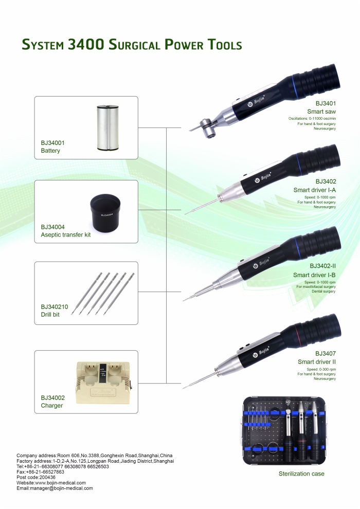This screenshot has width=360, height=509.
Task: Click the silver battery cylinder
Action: (x=107, y=128)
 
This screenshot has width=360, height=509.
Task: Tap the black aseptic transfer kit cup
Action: (x=105, y=212)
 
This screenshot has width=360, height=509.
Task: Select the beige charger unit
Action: (x=103, y=383)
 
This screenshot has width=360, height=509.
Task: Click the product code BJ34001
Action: (x=52, y=143)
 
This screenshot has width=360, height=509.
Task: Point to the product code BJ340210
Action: (x=55, y=307)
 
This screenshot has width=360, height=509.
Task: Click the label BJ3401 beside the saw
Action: (x=326, y=103)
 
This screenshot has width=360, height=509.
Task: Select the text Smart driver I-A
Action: (x=315, y=190)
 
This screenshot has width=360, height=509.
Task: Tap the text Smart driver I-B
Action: (x=314, y=275)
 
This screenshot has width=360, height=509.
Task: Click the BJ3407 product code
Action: (x=326, y=354)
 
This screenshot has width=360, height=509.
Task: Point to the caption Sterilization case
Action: (x=301, y=474)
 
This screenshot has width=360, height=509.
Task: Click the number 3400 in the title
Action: (x=86, y=44)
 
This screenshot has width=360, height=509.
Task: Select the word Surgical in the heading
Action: (x=134, y=45)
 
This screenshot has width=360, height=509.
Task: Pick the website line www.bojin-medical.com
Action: (x=51, y=483)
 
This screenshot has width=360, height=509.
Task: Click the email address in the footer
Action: (x=55, y=488)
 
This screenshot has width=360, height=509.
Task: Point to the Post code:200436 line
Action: (x=36, y=477)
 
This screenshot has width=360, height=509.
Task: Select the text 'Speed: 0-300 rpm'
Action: (x=321, y=370)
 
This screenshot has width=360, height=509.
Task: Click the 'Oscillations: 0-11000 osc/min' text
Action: (x=312, y=118)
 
